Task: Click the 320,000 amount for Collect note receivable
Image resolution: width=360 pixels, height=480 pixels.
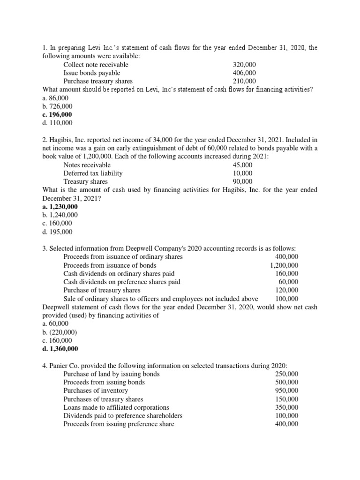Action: [x=244, y=65]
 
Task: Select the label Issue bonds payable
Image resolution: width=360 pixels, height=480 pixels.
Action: [x=91, y=73]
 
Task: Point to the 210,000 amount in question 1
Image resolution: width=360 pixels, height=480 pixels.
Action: [x=244, y=81]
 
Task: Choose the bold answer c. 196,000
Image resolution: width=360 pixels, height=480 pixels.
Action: [x=57, y=114]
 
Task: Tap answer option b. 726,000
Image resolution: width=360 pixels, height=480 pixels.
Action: [x=55, y=106]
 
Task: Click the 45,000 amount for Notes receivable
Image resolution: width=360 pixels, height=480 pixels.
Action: [x=242, y=165]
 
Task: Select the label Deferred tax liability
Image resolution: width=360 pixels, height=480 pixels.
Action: [x=93, y=173]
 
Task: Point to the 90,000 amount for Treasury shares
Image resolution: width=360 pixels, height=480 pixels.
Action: [x=242, y=182]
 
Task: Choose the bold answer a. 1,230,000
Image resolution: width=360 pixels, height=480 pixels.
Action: [x=60, y=207]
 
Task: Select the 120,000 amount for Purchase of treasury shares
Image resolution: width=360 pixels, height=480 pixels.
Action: [x=286, y=290]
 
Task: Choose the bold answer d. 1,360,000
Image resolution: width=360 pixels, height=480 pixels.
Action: [x=60, y=349]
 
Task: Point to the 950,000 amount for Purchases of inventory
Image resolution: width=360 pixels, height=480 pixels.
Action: [x=286, y=390]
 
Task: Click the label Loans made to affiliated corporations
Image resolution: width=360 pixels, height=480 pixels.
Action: [x=116, y=407]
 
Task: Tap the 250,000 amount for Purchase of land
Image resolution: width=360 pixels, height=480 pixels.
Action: [x=286, y=374]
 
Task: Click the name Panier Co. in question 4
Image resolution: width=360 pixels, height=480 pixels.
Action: [x=65, y=366]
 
